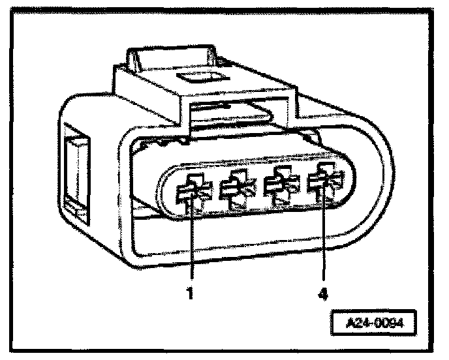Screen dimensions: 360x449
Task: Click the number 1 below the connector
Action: point(190,293)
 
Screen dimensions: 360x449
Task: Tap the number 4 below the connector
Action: point(322,293)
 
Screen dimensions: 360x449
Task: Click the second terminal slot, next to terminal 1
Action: point(236,190)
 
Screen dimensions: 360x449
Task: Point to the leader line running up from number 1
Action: point(191,248)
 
